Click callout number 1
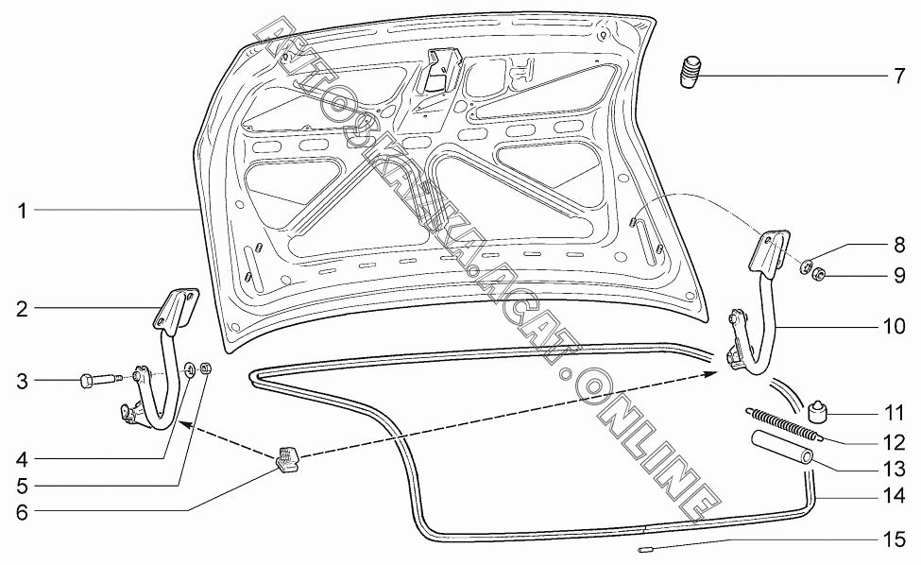pos(22,209)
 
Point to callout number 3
pos(22,381)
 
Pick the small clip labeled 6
pos(286,457)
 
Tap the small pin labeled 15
pos(644,547)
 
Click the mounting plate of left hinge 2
pos(178,308)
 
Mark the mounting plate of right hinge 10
pos(767,251)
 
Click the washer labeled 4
pos(190,370)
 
